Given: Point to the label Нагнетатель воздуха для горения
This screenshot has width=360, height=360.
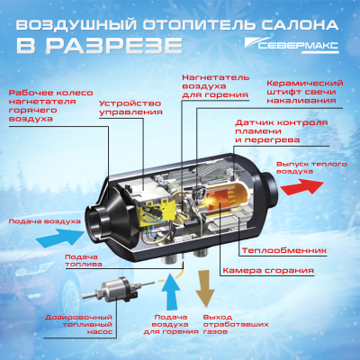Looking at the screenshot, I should click(214, 85).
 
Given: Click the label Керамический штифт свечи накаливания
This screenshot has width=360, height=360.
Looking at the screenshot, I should click(306, 93).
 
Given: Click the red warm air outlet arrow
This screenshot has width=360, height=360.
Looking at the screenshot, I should click(301, 186).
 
